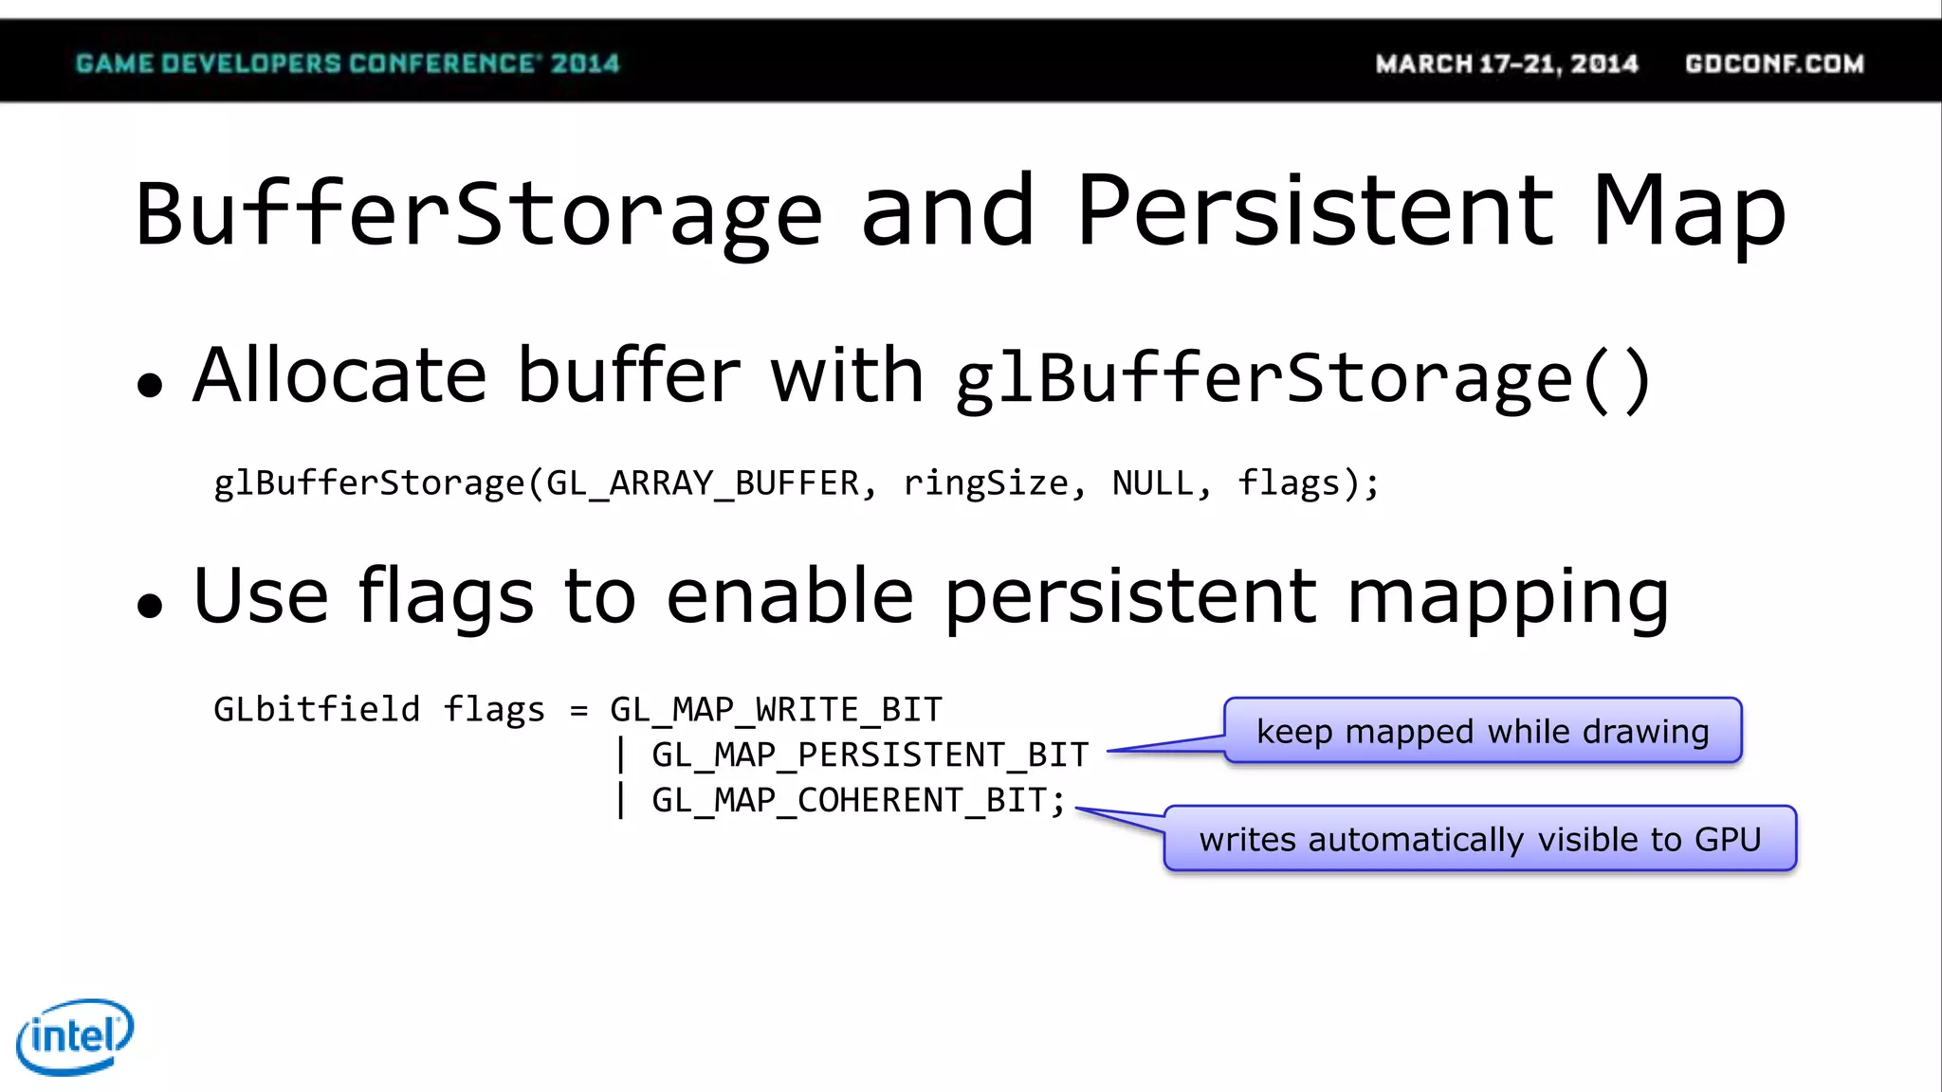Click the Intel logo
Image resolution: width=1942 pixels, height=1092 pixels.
75,1036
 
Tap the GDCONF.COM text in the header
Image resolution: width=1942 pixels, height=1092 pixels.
1774,64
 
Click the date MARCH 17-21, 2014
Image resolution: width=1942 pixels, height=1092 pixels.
1507,64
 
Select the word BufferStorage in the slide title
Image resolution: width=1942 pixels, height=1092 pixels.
478,214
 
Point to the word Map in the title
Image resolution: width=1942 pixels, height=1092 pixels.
1689,214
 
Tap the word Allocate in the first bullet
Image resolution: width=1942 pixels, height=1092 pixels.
339,376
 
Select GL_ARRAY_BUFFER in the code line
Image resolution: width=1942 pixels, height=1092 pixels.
703,483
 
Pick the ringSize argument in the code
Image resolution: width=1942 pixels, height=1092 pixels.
986,483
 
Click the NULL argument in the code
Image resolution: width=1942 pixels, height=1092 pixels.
1153,483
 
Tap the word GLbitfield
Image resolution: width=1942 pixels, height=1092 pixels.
317,709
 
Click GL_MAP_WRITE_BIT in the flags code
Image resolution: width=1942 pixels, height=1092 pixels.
776,709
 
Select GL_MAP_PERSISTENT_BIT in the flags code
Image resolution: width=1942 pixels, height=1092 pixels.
870,755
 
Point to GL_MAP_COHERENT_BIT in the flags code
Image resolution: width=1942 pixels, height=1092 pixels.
850,800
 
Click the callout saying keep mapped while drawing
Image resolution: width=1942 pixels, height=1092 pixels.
1482,731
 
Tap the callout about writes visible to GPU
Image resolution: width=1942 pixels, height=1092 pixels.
1479,839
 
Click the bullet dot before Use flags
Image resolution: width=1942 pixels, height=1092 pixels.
150,605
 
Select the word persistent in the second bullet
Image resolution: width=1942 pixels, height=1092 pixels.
1130,597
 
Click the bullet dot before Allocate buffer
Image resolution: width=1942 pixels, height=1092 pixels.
150,385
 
